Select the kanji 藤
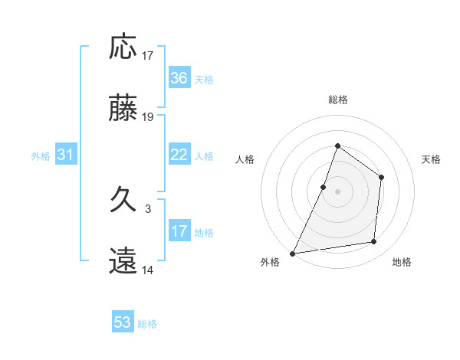click(123, 110)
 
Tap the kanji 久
click(123, 202)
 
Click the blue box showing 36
click(179, 78)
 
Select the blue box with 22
click(179, 155)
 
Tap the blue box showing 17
click(179, 231)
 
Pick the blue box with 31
click(65, 155)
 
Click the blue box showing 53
click(123, 322)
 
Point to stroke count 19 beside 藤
click(148, 117)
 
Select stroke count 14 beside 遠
click(148, 270)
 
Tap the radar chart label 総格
click(337, 100)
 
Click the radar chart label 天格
click(431, 159)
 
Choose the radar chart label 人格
click(245, 159)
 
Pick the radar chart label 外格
click(270, 262)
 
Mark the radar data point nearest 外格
click(292, 253)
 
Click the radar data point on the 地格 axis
click(374, 241)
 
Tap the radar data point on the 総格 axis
click(337, 146)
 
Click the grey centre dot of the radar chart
click(337, 191)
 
